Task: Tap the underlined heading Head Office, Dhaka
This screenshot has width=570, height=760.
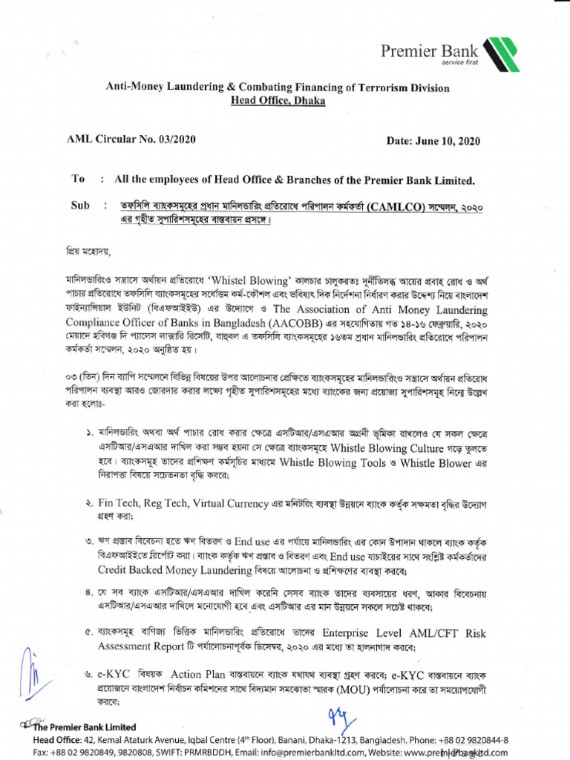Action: pos(278,101)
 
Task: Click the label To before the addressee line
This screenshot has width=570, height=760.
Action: pos(78,180)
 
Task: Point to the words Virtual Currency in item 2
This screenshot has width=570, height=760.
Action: pos(228,503)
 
